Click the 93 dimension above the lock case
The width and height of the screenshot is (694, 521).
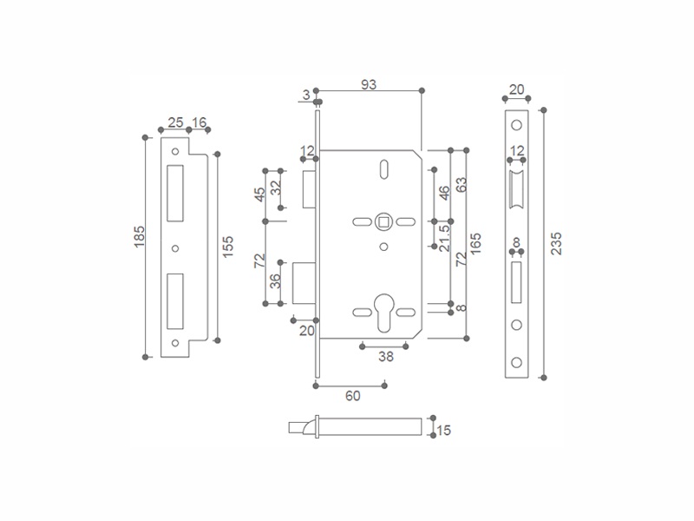(x=368, y=84)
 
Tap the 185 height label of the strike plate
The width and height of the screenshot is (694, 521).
(x=140, y=236)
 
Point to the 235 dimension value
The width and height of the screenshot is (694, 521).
(x=556, y=243)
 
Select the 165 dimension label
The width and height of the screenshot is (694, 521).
(x=475, y=243)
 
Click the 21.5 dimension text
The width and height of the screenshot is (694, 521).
(x=444, y=238)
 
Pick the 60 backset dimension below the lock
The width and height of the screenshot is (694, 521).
(x=353, y=396)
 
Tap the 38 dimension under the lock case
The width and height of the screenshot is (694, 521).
(x=385, y=357)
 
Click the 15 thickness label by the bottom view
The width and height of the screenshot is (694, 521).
(x=444, y=430)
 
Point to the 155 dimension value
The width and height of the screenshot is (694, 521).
(x=227, y=247)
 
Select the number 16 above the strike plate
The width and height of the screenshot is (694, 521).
(x=200, y=122)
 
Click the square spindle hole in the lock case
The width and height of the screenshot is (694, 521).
(x=383, y=221)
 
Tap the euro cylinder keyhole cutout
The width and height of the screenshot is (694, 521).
(x=383, y=313)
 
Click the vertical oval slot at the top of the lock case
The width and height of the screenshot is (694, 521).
(x=384, y=169)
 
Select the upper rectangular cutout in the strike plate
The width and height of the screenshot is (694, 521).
(x=175, y=193)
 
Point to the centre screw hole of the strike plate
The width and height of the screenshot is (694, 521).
(x=175, y=248)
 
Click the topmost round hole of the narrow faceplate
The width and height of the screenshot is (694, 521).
(x=516, y=125)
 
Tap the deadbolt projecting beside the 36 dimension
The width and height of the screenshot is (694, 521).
(x=304, y=283)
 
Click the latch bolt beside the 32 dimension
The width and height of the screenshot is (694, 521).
(x=309, y=189)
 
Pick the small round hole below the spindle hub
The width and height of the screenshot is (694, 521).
(x=383, y=247)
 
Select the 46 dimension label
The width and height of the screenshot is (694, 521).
(x=444, y=193)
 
